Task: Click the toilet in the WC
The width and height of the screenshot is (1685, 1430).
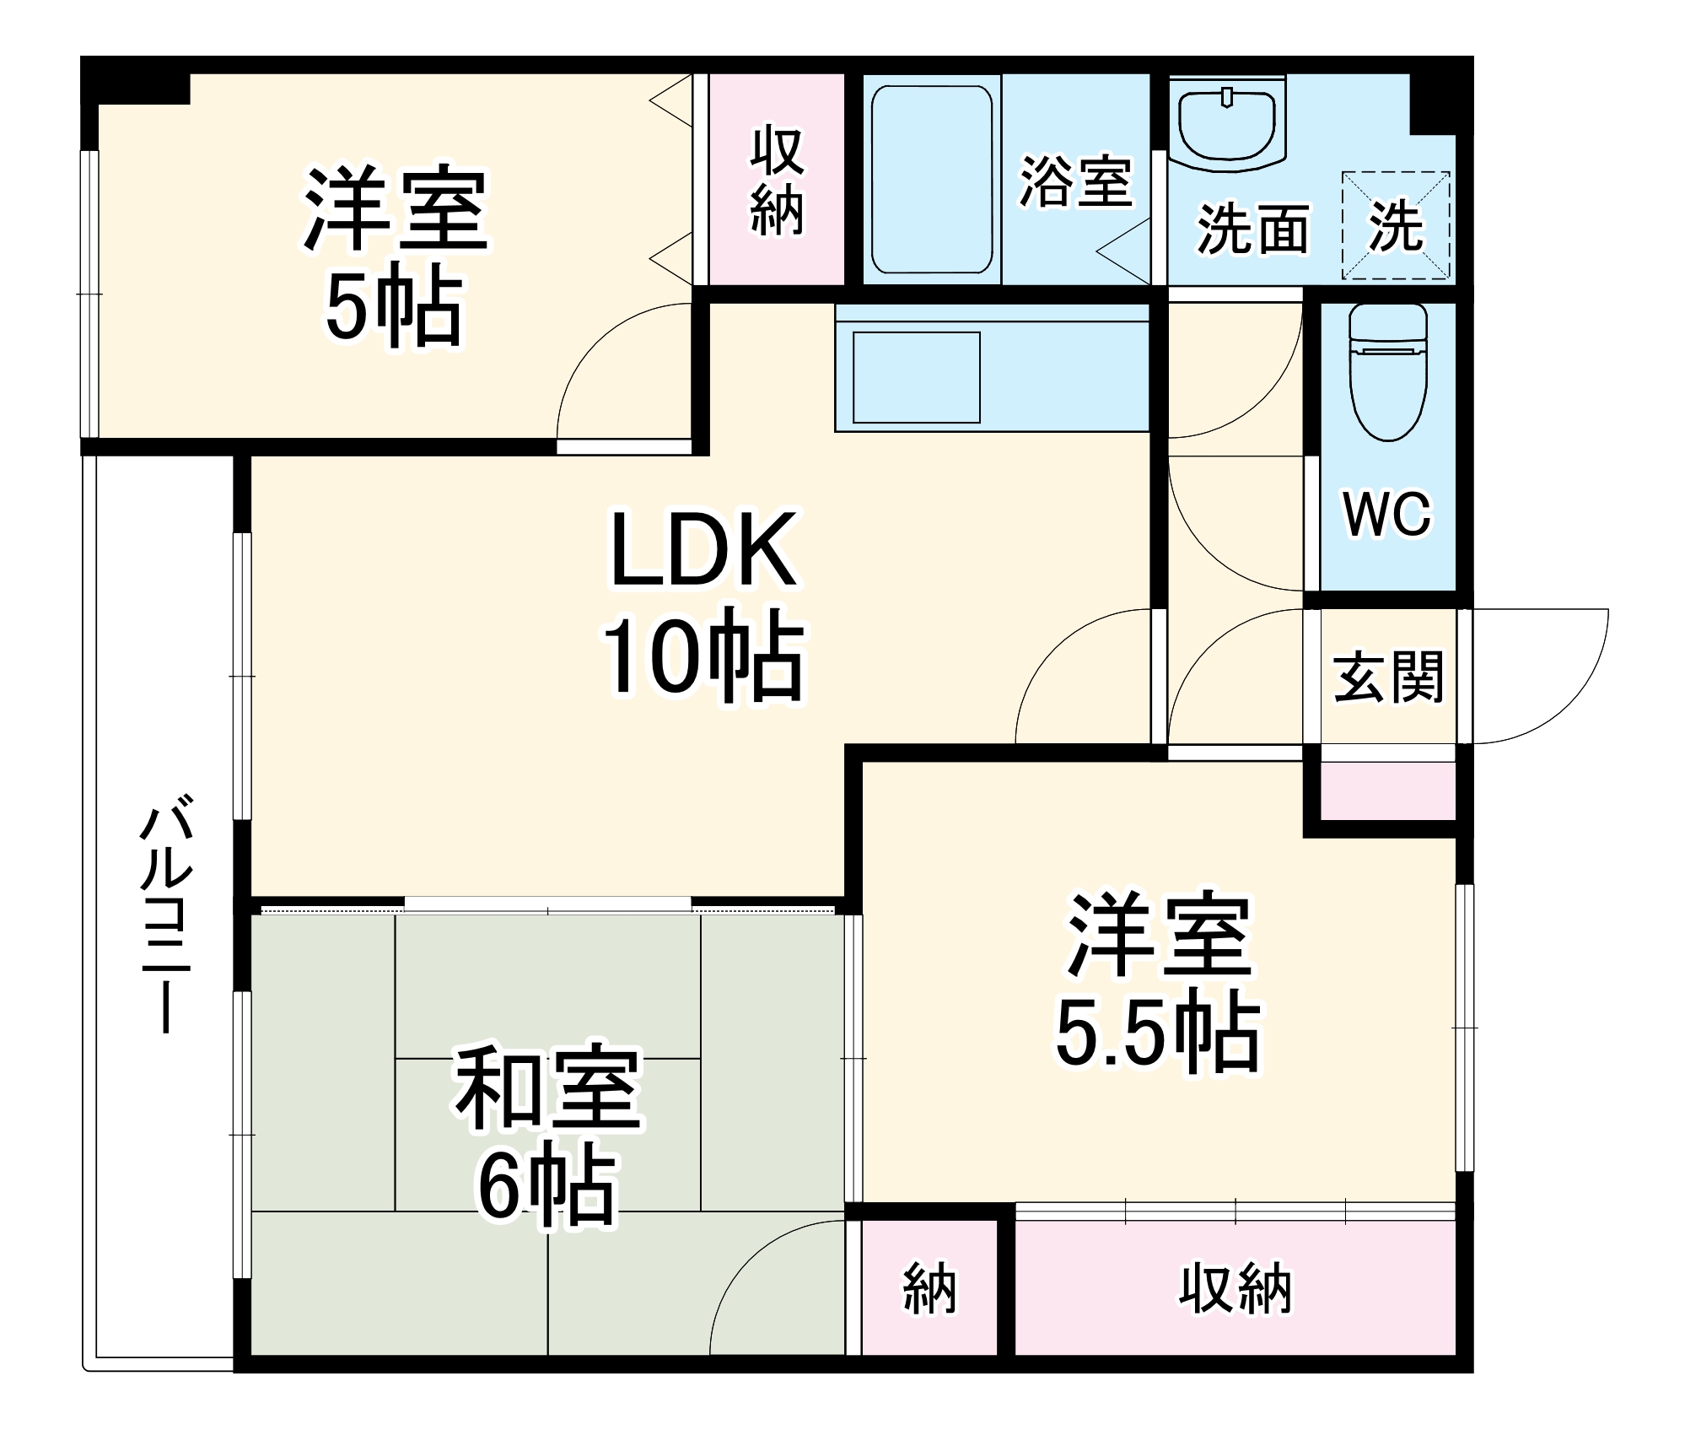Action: click(1387, 375)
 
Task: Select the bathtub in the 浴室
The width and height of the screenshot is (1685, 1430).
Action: click(931, 179)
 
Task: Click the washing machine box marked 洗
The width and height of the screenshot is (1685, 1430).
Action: click(1396, 225)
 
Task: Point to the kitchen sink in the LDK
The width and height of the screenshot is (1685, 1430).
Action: click(916, 377)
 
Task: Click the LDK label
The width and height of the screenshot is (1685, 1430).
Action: click(703, 550)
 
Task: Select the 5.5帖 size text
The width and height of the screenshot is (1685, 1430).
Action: click(1157, 1035)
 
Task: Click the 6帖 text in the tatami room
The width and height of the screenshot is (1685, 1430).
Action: click(546, 1187)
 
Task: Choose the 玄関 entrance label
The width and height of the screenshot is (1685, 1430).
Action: click(1388, 677)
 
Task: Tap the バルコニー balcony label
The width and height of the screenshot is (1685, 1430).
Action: click(166, 918)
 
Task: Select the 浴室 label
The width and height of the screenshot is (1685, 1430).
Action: click(1075, 181)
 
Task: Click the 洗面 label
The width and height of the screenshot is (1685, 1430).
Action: click(1253, 229)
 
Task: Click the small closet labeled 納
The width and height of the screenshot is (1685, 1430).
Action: click(929, 1289)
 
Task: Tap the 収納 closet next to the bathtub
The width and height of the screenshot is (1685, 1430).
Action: click(777, 180)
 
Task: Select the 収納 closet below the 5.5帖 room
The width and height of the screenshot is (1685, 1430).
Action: click(1235, 1289)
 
